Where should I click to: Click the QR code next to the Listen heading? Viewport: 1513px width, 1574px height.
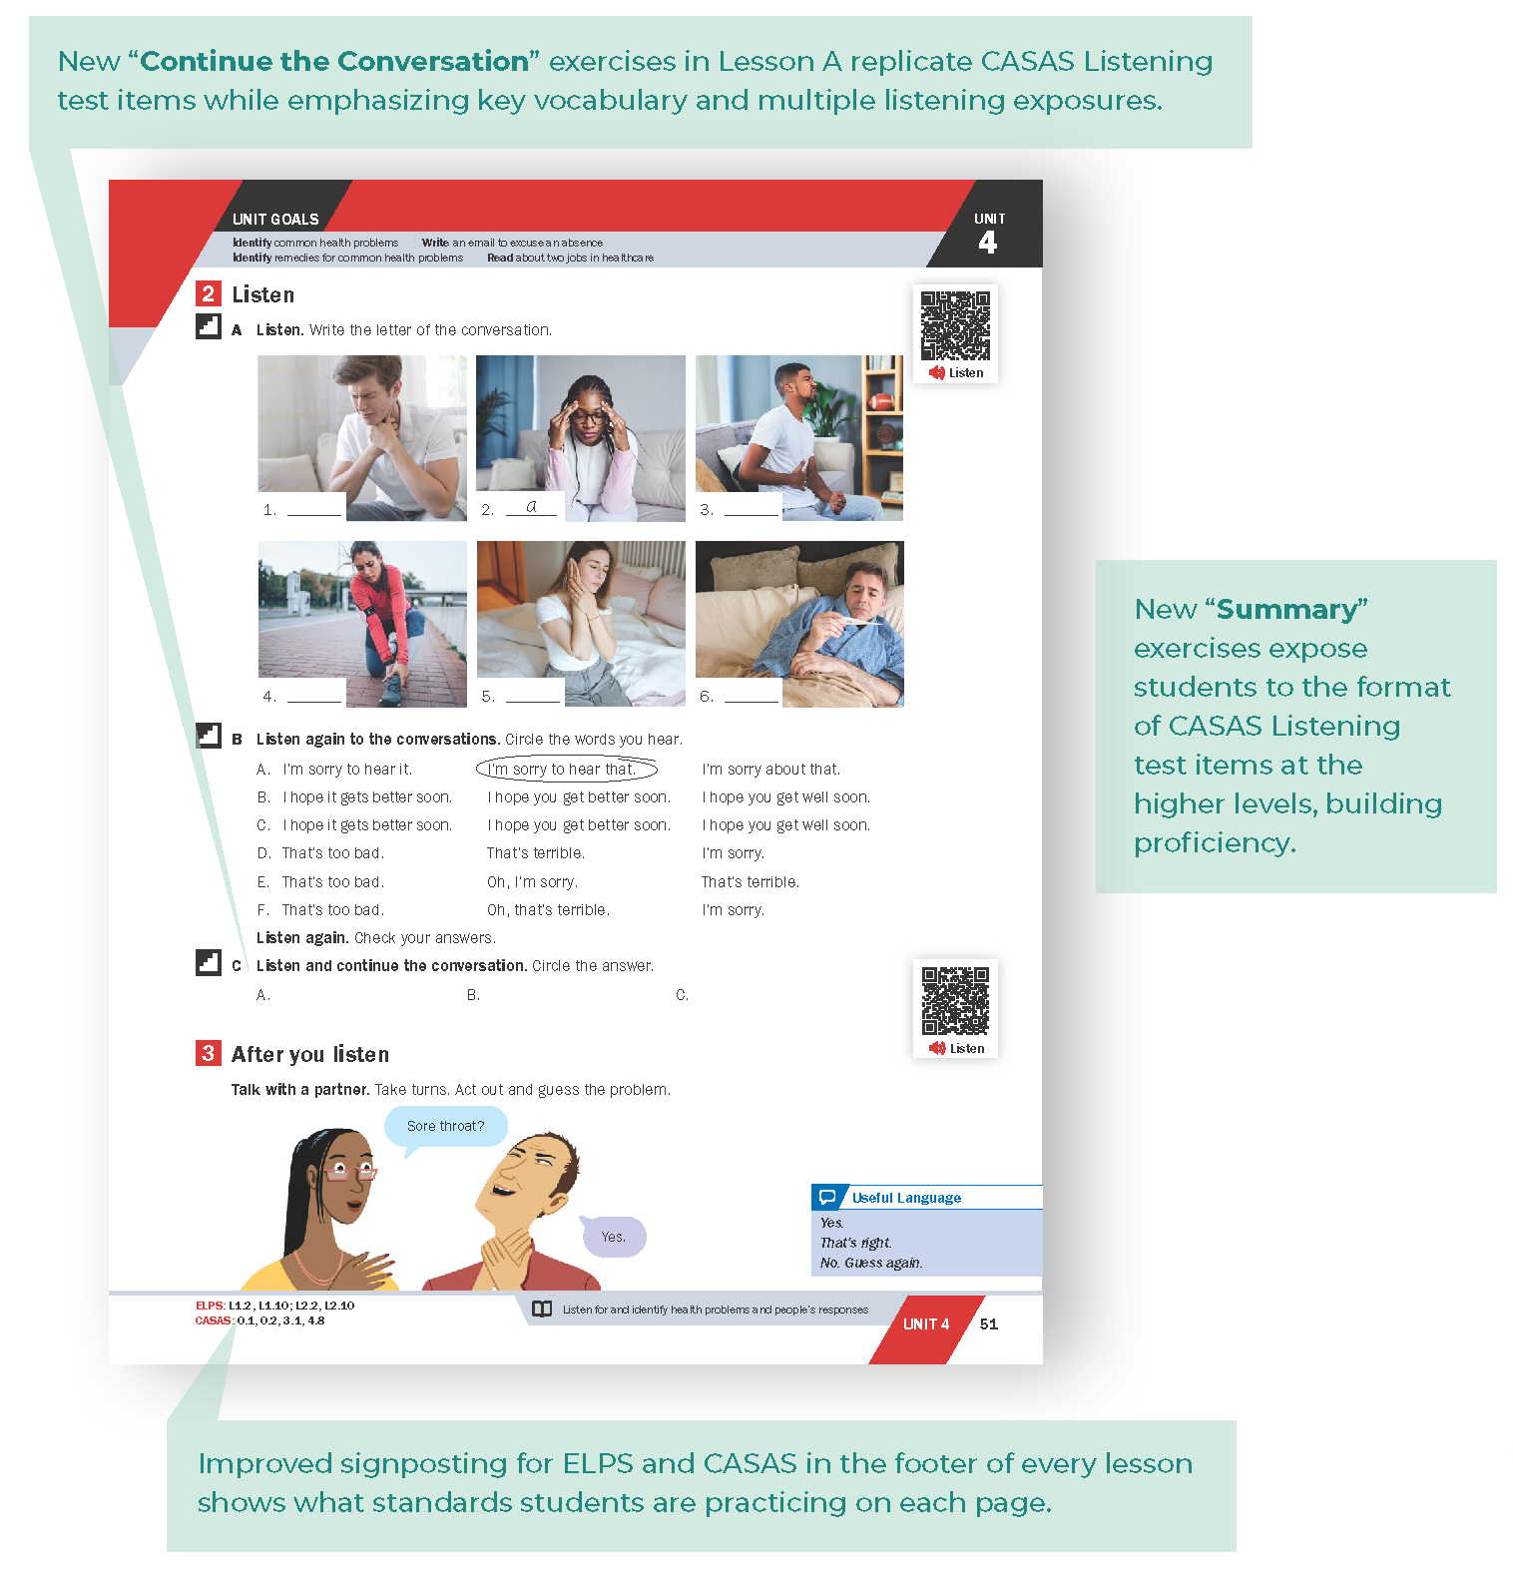point(955,325)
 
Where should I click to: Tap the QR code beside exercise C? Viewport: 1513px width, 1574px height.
point(955,1000)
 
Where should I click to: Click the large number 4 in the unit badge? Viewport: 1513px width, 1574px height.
point(987,243)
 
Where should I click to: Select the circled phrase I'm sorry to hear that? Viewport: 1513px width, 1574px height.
point(566,769)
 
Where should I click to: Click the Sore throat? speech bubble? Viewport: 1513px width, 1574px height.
point(445,1126)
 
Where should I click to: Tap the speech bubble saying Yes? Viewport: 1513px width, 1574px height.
point(613,1237)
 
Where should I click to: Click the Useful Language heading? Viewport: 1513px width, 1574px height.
point(905,1198)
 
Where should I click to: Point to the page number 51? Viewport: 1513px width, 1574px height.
point(988,1324)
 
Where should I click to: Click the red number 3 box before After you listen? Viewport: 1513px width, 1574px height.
point(208,1053)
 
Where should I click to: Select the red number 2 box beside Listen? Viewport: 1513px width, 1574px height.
point(208,293)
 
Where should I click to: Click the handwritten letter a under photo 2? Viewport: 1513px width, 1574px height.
point(531,506)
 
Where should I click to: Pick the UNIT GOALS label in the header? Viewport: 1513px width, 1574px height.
point(275,219)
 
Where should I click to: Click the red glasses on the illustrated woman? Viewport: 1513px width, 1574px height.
point(348,1172)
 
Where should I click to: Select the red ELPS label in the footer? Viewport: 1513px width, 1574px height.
point(210,1306)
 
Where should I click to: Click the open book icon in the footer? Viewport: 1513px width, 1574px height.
point(542,1310)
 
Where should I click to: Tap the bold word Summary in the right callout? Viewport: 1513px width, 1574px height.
point(1286,609)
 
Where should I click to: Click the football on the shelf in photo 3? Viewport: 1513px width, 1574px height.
point(879,402)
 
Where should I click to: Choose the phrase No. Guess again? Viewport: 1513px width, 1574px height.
point(871,1263)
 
